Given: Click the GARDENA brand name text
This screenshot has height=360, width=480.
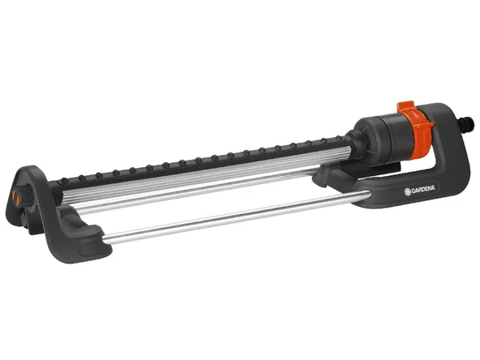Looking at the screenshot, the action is point(422,190).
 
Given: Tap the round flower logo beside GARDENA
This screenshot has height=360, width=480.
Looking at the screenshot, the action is point(408,192).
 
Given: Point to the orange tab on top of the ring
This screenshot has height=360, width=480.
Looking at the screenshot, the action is point(405,106).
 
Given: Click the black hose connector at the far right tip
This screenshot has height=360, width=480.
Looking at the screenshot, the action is point(468,123).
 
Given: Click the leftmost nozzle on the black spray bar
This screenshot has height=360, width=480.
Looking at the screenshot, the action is point(64,180).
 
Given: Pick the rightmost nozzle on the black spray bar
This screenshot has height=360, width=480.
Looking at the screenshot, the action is point(339,138).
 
